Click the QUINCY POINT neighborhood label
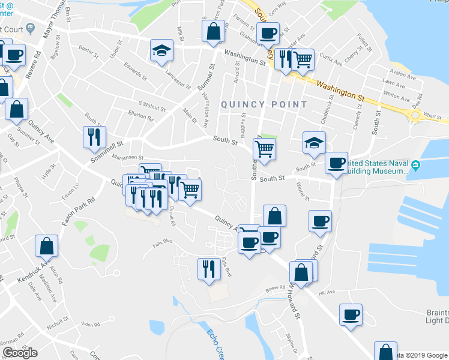tap(264, 104)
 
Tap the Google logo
tap(20, 352)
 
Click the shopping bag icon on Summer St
tap(213, 31)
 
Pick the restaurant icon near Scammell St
tap(94, 137)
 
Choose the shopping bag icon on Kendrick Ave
tap(46, 246)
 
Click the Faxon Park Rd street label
tap(79, 211)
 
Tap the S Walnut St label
tap(151, 106)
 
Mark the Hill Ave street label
tap(327, 292)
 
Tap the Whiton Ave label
tap(396, 95)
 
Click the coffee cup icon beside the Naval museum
tap(337, 163)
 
